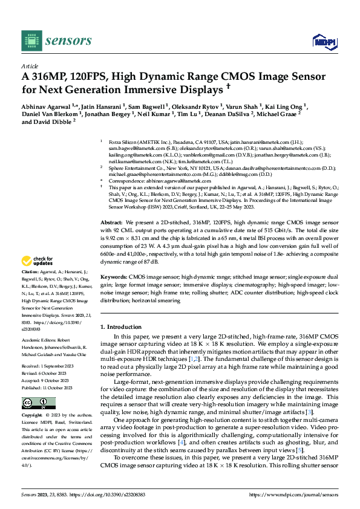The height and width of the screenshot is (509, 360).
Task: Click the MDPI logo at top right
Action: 323,41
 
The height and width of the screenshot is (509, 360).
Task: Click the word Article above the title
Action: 29,66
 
